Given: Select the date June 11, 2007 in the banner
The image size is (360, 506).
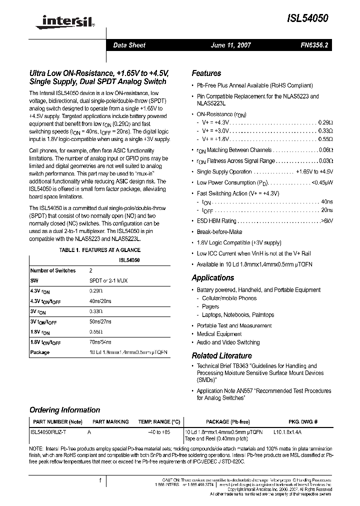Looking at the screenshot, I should [x=230, y=45].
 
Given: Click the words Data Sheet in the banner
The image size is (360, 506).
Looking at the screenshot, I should [x=129, y=45].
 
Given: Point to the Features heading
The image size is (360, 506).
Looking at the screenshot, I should [x=206, y=73].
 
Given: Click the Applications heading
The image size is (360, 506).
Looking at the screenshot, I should [x=213, y=278].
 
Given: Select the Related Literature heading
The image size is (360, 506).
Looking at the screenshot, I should [x=221, y=356].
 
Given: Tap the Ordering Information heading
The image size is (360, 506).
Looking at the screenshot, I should [x=64, y=410].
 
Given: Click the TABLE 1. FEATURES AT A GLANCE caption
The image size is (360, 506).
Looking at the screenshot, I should [x=100, y=250].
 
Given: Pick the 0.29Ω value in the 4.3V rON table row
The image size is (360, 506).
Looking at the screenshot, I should [x=96, y=290].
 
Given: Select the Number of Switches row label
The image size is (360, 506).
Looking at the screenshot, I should [x=53, y=270].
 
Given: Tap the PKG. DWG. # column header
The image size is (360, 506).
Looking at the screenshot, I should [x=303, y=422].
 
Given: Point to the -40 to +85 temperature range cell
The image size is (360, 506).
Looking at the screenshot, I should [x=158, y=431].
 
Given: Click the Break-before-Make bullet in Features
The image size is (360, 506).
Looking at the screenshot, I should [x=219, y=232].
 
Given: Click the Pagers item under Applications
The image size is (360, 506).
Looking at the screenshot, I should [x=210, y=306].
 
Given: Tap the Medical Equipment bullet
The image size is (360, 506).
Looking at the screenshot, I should [x=219, y=334].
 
